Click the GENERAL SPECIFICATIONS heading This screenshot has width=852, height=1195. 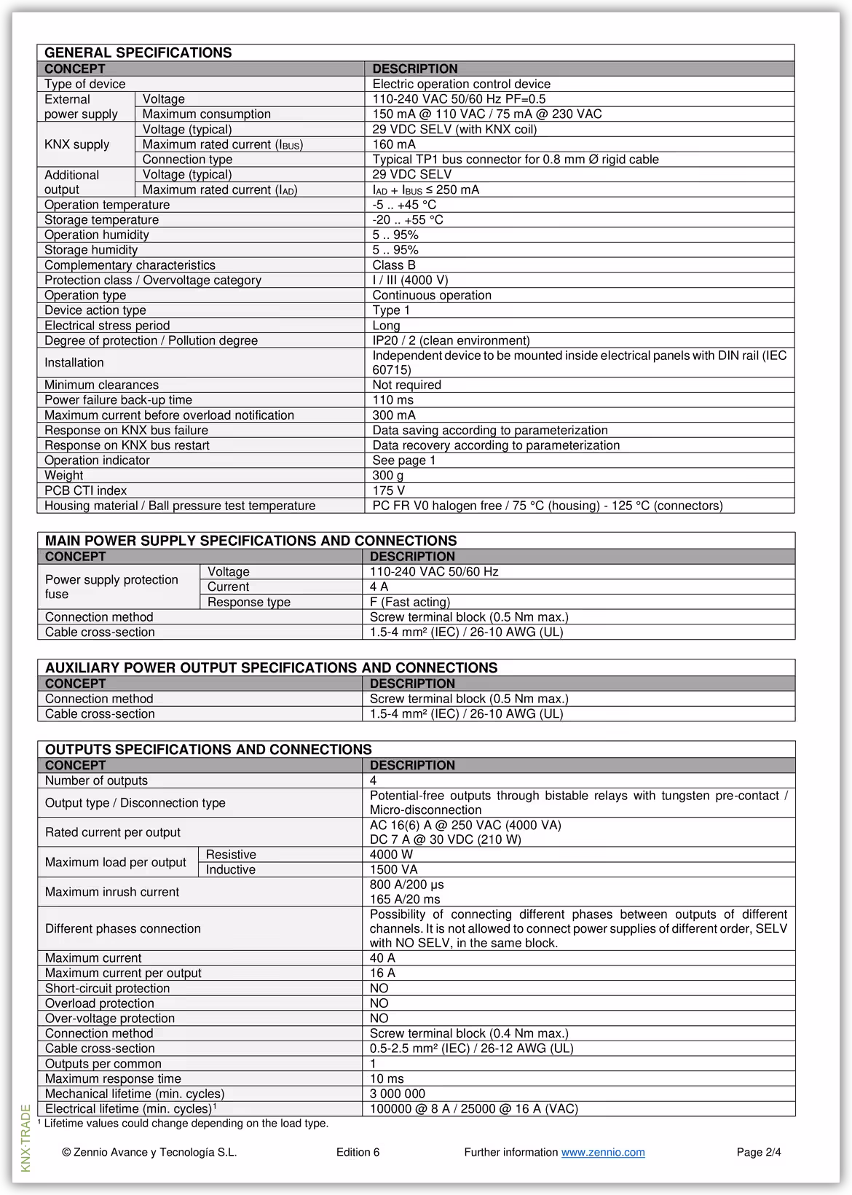tap(138, 52)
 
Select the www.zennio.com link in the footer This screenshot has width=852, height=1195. tap(602, 1152)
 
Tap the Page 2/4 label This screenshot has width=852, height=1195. tap(758, 1152)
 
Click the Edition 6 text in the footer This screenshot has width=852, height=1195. tap(358, 1152)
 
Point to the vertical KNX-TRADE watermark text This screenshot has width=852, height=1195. tap(26, 1137)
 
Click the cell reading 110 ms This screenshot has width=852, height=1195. tap(393, 400)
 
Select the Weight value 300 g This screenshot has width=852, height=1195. tap(387, 475)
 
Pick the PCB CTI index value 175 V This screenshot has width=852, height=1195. tap(388, 490)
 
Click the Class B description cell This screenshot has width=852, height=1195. tap(394, 265)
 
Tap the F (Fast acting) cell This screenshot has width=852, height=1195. tap(409, 602)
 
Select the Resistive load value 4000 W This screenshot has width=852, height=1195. tap(391, 854)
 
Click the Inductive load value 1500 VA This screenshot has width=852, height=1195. tap(393, 869)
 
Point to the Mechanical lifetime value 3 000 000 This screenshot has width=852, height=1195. tap(397, 1093)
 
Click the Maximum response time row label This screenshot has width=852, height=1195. tap(113, 1078)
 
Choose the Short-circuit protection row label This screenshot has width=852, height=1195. tap(107, 988)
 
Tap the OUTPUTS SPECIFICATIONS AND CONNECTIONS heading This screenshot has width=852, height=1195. tap(208, 749)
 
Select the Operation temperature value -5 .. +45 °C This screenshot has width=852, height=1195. tap(404, 205)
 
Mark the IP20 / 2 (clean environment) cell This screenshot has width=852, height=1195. tap(451, 340)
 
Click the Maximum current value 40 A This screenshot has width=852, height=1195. tap(382, 958)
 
